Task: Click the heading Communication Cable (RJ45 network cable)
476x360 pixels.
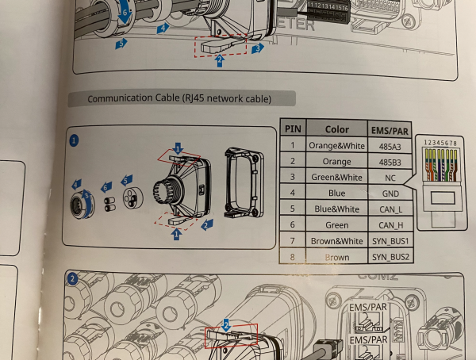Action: point(178,99)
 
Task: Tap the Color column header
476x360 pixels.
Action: point(336,128)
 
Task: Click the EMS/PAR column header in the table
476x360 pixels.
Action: point(389,129)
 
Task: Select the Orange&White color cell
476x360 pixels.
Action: point(336,146)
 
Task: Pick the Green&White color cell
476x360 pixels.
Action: point(336,178)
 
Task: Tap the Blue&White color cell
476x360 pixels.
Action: point(336,209)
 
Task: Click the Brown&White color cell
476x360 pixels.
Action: point(336,241)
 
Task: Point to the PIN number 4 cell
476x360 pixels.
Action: point(293,193)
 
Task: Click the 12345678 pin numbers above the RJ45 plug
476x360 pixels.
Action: point(440,144)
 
